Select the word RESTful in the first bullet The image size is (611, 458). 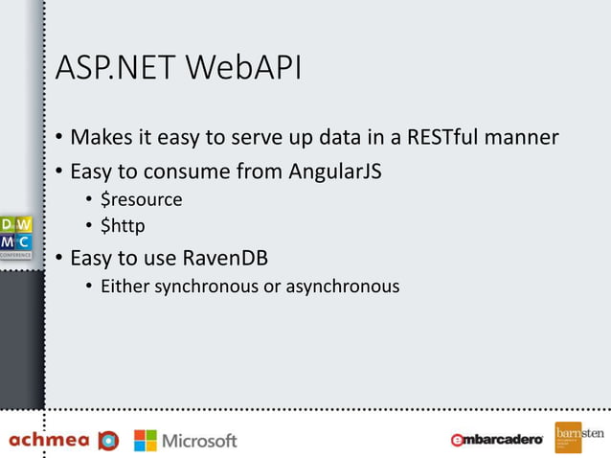pos(446,137)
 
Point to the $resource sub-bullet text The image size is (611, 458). pos(141,200)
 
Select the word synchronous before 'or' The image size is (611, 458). pos(207,286)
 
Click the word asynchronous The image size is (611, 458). pos(343,286)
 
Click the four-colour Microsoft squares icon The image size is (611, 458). pos(146,440)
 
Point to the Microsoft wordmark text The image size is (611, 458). pos(199,441)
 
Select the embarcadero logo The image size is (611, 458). pos(497,440)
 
